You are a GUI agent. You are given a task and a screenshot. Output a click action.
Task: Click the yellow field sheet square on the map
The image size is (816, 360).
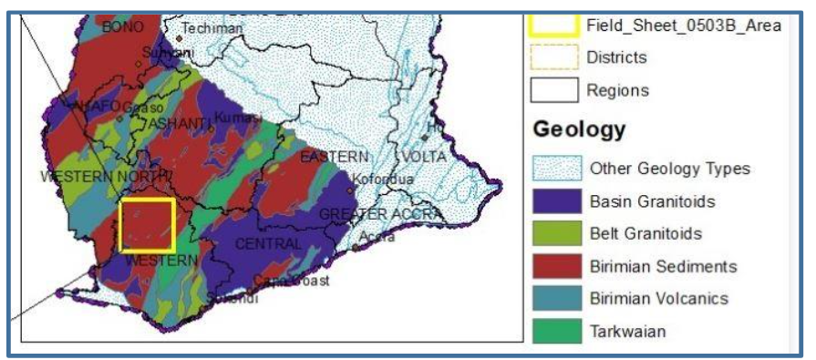(x=147, y=225)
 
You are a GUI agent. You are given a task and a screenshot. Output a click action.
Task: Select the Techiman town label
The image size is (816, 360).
(x=212, y=28)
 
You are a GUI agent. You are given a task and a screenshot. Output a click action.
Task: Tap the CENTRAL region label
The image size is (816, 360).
(x=267, y=244)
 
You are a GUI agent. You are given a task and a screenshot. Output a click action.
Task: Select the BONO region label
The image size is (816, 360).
(x=123, y=27)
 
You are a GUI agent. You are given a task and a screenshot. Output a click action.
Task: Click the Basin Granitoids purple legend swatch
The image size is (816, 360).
(x=554, y=201)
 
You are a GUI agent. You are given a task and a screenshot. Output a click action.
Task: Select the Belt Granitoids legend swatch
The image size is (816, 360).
(x=554, y=233)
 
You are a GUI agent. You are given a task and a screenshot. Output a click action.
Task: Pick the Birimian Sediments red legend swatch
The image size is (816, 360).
(x=554, y=266)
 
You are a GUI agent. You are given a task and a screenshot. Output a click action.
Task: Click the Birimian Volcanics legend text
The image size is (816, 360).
(x=658, y=299)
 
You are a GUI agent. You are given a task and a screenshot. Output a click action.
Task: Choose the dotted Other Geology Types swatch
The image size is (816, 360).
(x=554, y=168)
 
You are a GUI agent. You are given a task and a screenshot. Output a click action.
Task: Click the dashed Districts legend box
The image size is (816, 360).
(x=554, y=57)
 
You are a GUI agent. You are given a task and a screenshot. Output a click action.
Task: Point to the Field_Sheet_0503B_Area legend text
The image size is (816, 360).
(x=684, y=26)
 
